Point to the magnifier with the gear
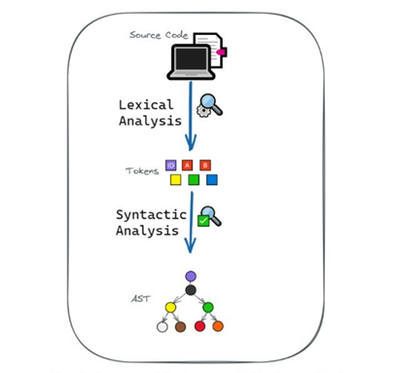209,105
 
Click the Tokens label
142,171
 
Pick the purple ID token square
171,165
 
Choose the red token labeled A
187,165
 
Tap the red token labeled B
204,165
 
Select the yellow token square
175,180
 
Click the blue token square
211,180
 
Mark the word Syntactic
152,215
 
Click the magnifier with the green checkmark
209,217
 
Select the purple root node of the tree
191,277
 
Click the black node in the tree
191,290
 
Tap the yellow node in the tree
171,308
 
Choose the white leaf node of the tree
162,326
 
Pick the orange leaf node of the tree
218,326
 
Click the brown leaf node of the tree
181,326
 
